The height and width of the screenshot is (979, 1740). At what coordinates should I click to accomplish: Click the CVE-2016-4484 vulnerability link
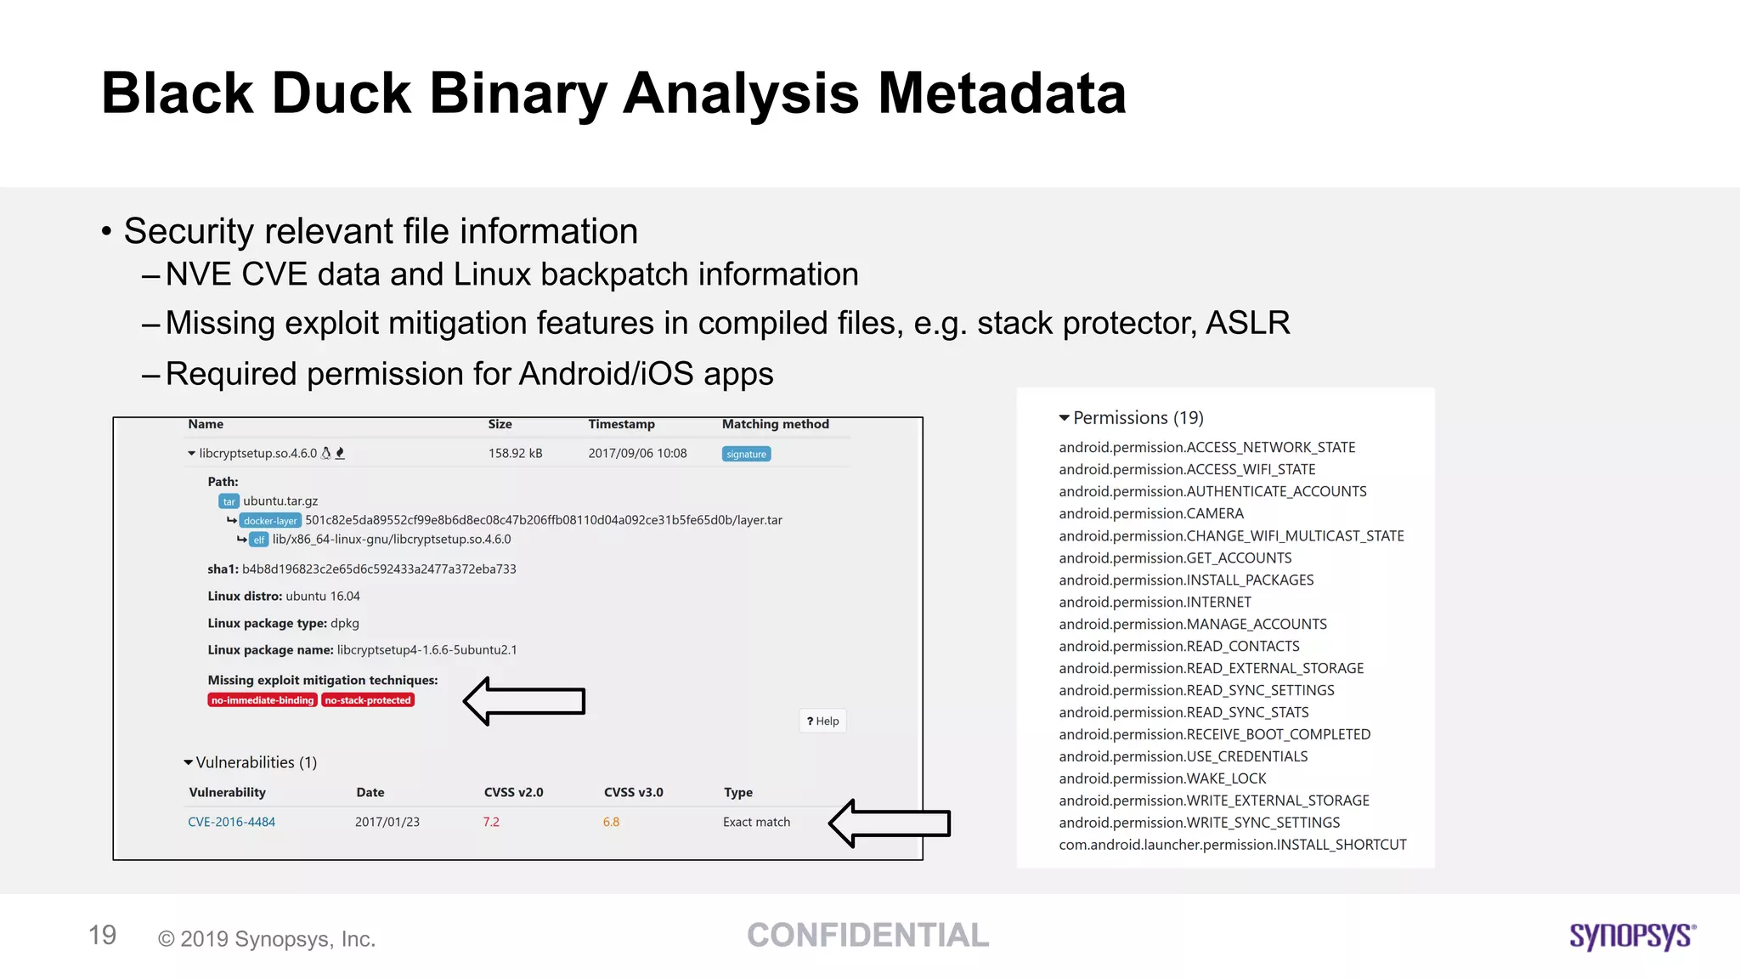point(231,822)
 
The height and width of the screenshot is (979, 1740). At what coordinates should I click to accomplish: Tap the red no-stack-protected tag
point(368,700)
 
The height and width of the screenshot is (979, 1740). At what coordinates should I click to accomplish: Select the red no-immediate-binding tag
point(262,700)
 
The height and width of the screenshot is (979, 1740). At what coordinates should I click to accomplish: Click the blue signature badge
point(746,454)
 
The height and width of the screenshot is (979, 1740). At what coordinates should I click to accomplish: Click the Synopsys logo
point(1631,936)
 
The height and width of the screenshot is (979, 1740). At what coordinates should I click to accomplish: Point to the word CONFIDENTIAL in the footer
point(867,936)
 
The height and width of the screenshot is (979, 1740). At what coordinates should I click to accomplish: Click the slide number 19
point(103,936)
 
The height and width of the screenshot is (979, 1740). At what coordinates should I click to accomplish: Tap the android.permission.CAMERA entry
point(1150,513)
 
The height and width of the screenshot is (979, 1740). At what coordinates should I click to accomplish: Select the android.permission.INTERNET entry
point(1155,602)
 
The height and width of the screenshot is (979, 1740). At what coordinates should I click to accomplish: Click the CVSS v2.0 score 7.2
point(491,822)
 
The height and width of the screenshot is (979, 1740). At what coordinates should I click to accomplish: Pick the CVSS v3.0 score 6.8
point(611,822)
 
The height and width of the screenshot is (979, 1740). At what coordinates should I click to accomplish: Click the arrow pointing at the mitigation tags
point(524,701)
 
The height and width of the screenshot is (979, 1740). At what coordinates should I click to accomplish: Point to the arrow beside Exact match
point(889,823)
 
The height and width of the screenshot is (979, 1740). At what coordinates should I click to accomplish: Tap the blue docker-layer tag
point(270,520)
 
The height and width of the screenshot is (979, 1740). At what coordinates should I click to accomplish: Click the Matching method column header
point(775,424)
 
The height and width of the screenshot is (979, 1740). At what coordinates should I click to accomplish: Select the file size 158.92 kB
point(515,454)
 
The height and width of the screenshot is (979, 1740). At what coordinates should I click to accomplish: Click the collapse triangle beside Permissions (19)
point(1064,418)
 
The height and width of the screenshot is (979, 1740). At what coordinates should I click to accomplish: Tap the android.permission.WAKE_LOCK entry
point(1161,778)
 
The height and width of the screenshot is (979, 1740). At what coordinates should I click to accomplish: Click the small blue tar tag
point(229,501)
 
